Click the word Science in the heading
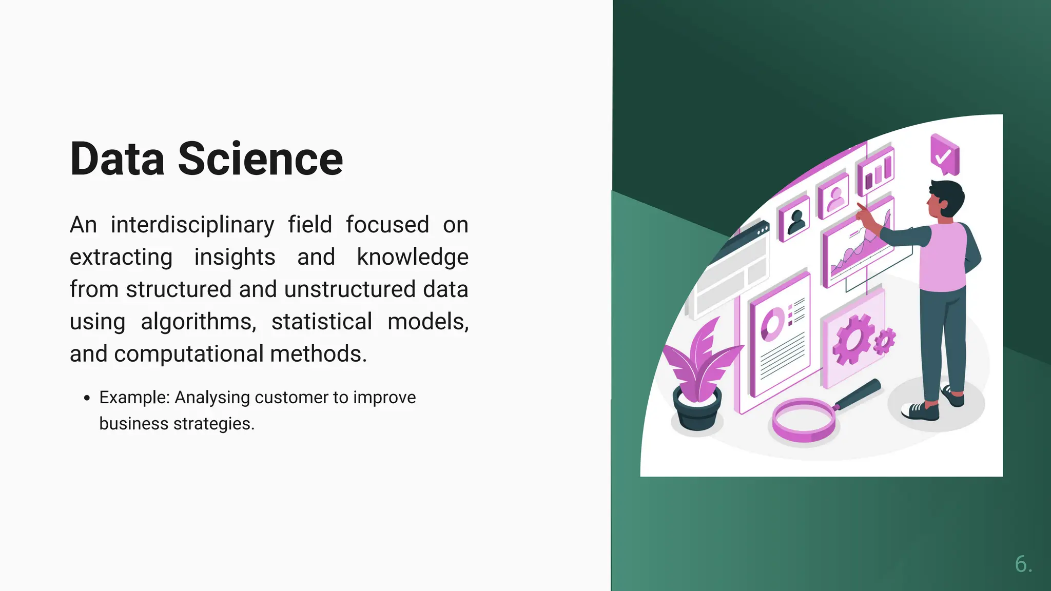coord(260,159)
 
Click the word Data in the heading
coord(118,159)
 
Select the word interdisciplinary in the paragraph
coord(192,225)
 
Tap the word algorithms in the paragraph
coord(198,322)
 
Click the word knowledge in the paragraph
coord(413,257)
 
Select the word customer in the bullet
coord(291,398)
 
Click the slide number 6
coord(1023,564)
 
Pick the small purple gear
coord(884,341)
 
